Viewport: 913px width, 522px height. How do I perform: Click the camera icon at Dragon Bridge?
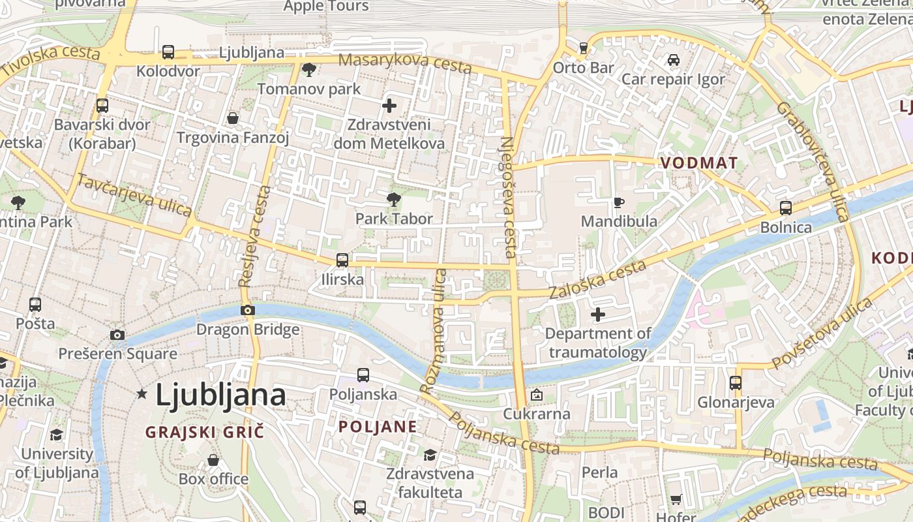(x=248, y=311)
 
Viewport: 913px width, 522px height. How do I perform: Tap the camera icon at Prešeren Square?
(x=117, y=335)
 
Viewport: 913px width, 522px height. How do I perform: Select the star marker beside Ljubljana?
(x=142, y=394)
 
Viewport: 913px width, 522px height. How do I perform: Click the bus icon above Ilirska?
(x=342, y=260)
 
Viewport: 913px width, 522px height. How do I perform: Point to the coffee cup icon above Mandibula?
(x=619, y=202)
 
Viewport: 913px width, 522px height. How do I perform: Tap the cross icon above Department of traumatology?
(x=597, y=315)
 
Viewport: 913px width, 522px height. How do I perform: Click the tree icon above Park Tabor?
(x=394, y=199)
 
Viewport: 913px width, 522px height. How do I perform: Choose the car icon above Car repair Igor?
(x=674, y=60)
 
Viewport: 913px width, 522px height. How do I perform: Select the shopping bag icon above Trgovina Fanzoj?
(x=233, y=118)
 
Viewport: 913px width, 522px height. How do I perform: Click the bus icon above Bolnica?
(x=786, y=208)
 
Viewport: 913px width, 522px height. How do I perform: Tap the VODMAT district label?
(x=699, y=163)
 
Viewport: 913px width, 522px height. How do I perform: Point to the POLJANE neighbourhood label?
(x=378, y=427)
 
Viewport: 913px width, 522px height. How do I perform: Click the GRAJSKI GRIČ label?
(x=205, y=432)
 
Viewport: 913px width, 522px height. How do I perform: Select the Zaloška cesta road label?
(x=598, y=279)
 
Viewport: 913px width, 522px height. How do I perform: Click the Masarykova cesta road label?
(x=406, y=63)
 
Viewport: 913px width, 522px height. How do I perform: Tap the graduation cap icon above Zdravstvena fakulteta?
(x=430, y=455)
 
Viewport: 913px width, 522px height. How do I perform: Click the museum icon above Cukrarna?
(x=536, y=395)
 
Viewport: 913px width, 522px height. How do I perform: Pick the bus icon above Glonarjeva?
(x=736, y=383)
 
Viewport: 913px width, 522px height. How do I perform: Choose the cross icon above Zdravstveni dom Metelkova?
(x=389, y=106)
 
